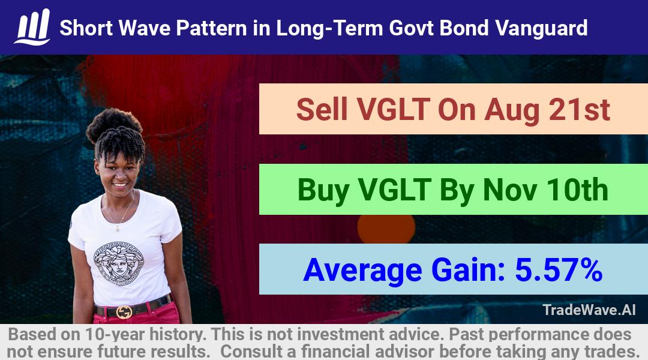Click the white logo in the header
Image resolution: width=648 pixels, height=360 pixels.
[32, 27]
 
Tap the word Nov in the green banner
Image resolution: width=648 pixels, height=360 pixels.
[510, 190]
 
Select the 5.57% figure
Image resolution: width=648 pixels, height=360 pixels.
[559, 270]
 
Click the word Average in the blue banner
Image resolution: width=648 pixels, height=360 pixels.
[362, 271]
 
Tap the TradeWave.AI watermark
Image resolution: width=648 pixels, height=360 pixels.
[589, 310]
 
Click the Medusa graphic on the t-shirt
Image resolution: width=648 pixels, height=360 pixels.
[119, 263]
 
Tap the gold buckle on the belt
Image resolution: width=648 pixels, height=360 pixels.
[124, 312]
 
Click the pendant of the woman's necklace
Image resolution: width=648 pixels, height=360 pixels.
[118, 227]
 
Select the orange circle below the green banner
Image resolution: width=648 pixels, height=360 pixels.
[386, 229]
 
